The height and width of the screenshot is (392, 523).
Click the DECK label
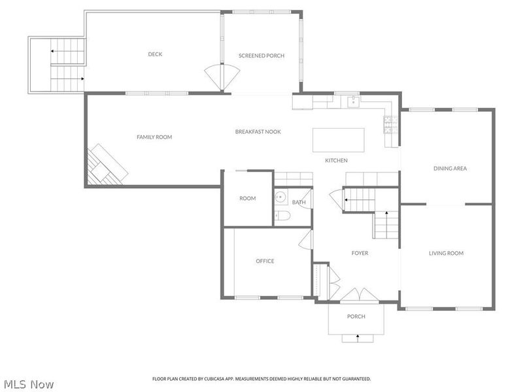(x=155, y=54)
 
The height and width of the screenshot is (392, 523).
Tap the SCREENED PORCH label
(x=261, y=56)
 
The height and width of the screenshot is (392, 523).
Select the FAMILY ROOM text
(x=154, y=137)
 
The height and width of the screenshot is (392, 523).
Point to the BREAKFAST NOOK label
(x=258, y=132)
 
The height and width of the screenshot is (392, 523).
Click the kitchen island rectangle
(x=339, y=140)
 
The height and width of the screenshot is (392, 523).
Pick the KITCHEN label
(x=337, y=161)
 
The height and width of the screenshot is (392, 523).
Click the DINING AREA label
(x=450, y=169)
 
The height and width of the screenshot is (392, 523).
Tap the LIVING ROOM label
(x=446, y=253)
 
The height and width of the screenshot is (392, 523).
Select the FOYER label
(x=360, y=253)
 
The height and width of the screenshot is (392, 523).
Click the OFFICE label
(x=265, y=261)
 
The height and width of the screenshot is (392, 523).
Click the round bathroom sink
(x=280, y=196)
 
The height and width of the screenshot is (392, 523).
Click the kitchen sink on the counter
(x=353, y=101)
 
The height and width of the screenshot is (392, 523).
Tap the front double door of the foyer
(x=356, y=296)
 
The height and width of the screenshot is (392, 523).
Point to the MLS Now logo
(x=29, y=384)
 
